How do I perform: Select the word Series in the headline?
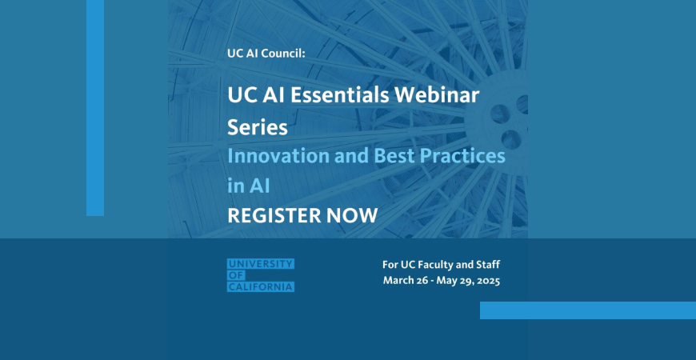coord(258,128)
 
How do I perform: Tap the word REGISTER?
coord(274,216)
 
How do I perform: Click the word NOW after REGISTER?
coord(352,216)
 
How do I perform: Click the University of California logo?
coord(261,275)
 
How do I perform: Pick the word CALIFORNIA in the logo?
coord(261,286)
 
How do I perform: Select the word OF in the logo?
coord(236,276)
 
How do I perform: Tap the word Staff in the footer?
coord(487,265)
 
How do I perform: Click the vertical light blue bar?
coord(95,108)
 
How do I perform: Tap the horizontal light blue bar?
coord(588,310)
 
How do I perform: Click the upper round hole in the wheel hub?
coord(500,114)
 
